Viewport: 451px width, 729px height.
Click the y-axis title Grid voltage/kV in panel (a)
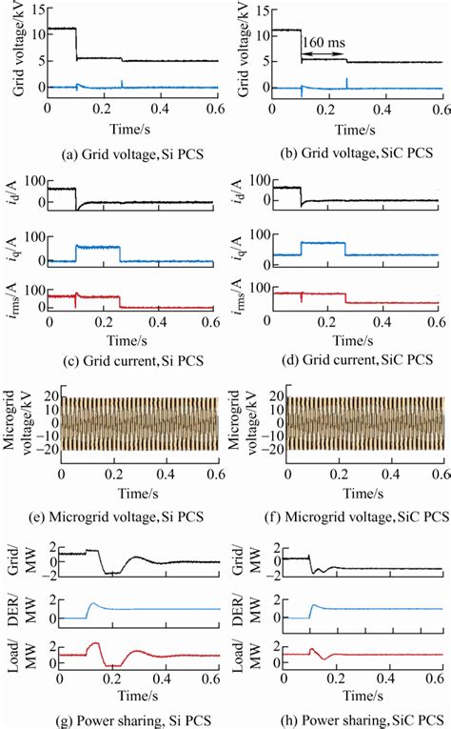pos(17,52)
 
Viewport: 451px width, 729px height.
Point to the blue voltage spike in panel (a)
pos(122,83)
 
